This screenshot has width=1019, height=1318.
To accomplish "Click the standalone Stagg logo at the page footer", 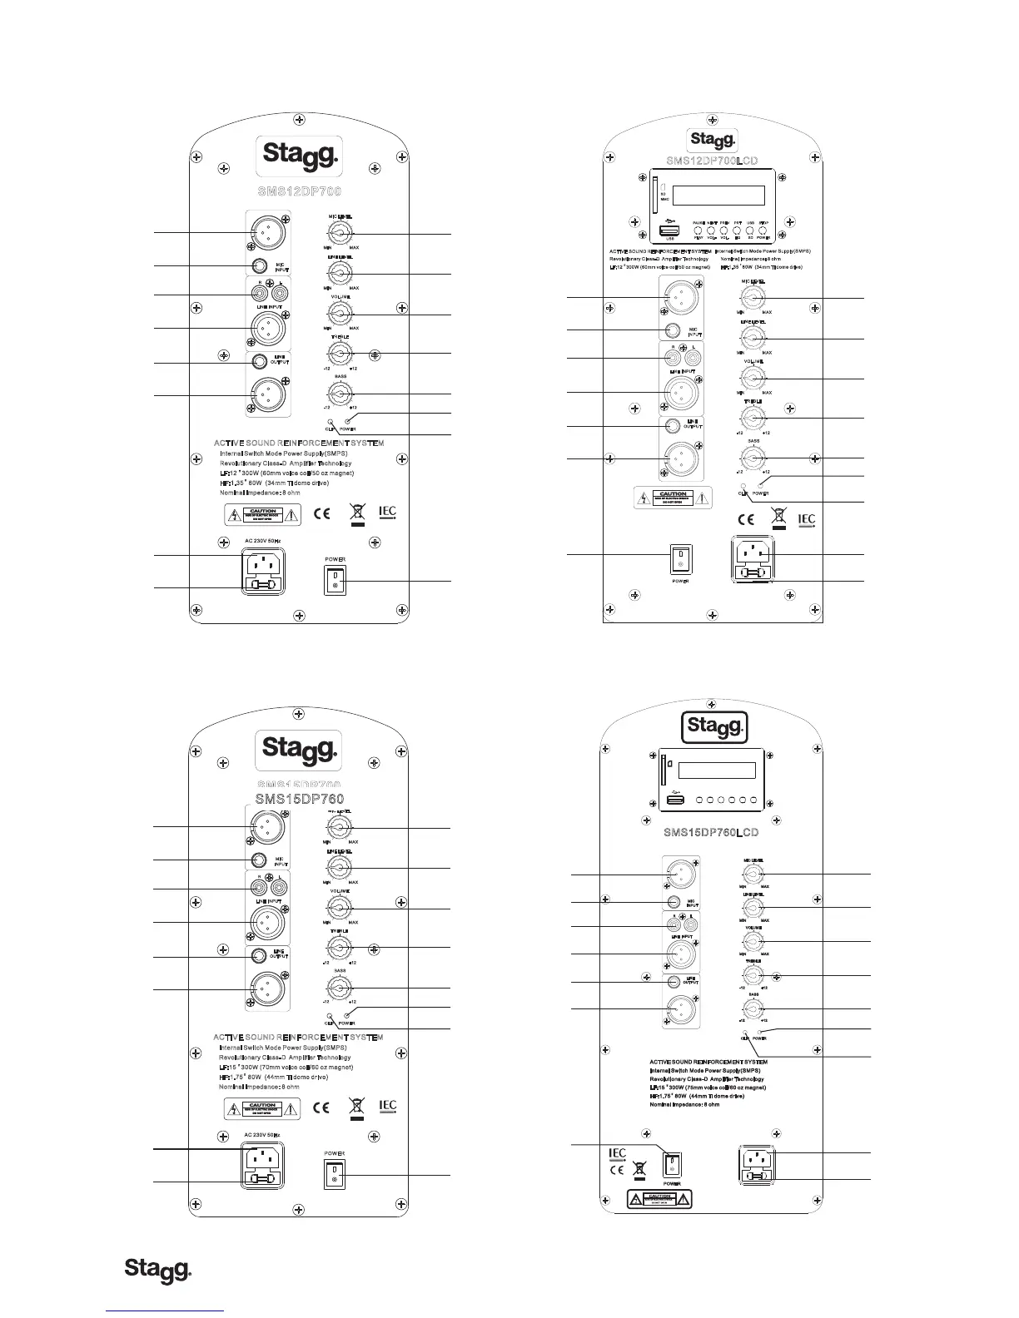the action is (x=158, y=1270).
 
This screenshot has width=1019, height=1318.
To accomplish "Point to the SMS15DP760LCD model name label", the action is (x=711, y=832).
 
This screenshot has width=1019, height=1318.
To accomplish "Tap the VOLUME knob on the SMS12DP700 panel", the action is (x=340, y=314).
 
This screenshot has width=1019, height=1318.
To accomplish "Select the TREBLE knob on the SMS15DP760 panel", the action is (x=339, y=948).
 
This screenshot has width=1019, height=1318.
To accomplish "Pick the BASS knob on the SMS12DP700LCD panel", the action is (x=753, y=458).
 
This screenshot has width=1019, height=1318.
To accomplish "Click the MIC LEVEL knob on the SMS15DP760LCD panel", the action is (x=753, y=875).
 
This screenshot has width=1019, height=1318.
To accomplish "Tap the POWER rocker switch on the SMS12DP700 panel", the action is (x=335, y=580).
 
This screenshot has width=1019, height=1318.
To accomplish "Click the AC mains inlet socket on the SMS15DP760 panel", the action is (x=262, y=1157).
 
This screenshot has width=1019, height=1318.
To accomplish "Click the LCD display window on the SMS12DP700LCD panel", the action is (x=718, y=196).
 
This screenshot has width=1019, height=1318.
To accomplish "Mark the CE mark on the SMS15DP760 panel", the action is (x=321, y=1107).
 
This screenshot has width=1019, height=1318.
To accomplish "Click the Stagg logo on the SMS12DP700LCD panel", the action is (x=711, y=139).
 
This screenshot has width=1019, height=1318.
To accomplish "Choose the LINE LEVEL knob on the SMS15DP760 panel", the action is (x=339, y=867).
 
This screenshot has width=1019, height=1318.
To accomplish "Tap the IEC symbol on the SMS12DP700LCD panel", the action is (x=805, y=520).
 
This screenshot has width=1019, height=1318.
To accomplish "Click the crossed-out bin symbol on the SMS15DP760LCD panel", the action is (x=639, y=1172).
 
